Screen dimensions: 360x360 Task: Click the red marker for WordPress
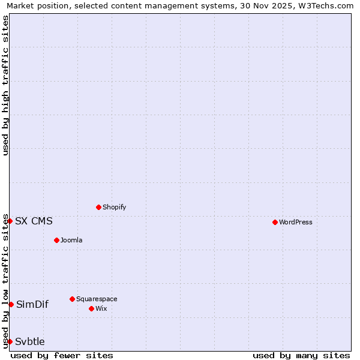point(275,222)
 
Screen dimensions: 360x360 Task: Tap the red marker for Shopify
point(98,207)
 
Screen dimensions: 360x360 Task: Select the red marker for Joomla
point(56,240)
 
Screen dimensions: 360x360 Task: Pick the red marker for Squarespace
point(72,299)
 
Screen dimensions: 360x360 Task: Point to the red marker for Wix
point(91,308)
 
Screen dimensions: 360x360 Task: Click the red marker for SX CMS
point(10,221)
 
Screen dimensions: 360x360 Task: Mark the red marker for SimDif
point(11,304)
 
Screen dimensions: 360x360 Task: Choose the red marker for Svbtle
point(10,341)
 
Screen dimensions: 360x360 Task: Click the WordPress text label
point(295,222)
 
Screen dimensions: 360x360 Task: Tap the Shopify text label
point(114,207)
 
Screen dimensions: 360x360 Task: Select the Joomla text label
point(71,240)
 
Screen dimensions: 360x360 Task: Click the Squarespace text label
point(97,299)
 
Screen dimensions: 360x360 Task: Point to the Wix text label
point(101,308)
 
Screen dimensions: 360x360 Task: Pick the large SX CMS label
point(34,221)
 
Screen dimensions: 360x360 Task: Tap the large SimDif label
point(32,304)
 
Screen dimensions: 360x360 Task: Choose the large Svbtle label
point(30,341)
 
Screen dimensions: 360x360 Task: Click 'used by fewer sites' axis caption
point(62,355)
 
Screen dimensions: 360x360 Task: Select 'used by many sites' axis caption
point(301,355)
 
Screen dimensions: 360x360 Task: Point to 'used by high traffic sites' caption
point(6,85)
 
